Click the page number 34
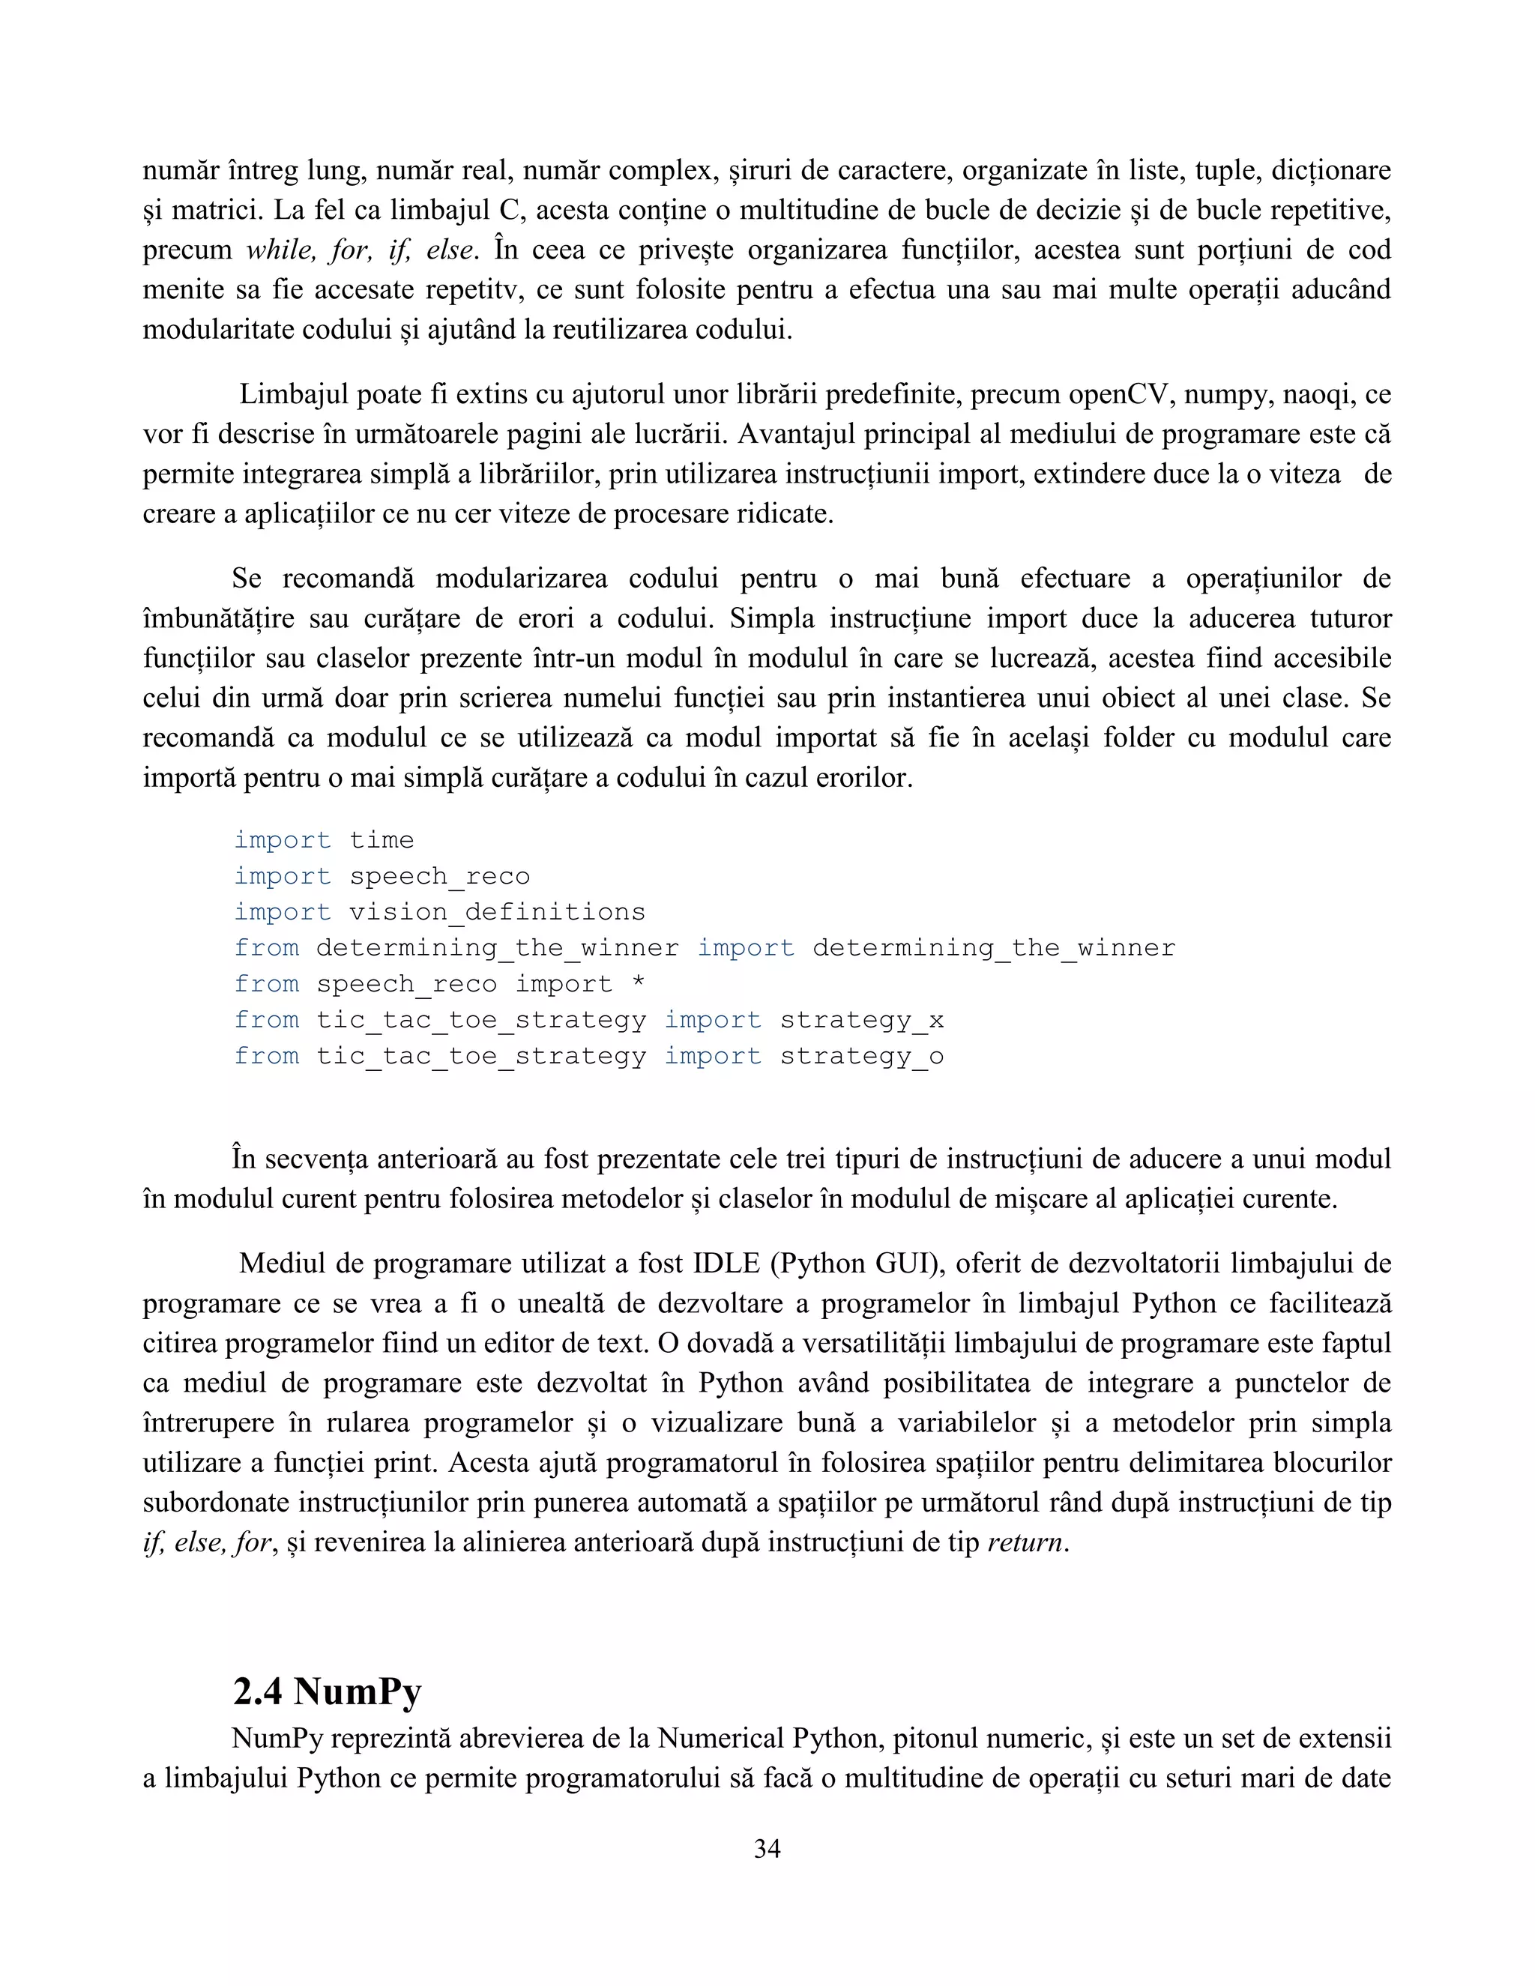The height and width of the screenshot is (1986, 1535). click(767, 1849)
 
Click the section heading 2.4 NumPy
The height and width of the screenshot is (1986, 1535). click(328, 1691)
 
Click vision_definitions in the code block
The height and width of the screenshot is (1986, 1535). click(496, 912)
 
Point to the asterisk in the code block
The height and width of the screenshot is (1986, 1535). click(639, 984)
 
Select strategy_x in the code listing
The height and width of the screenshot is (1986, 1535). click(861, 1020)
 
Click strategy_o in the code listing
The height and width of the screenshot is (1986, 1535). click(861, 1057)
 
